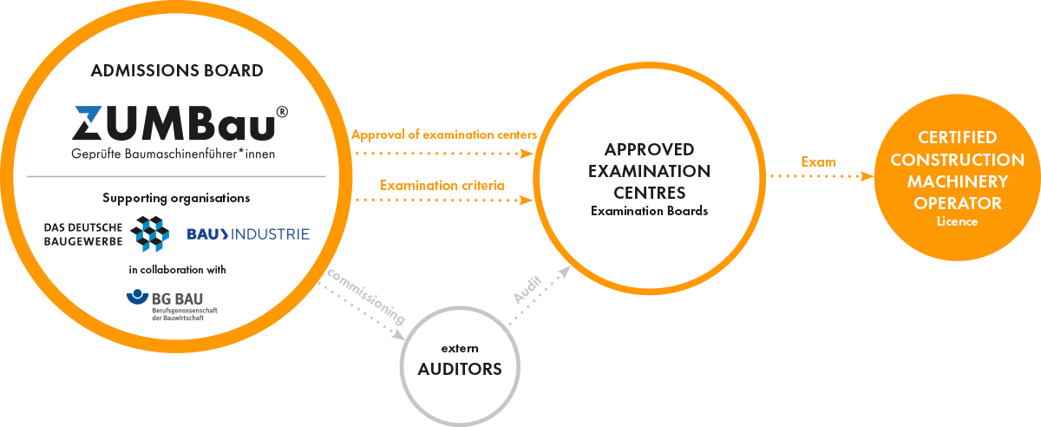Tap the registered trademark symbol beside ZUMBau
pyautogui.click(x=282, y=112)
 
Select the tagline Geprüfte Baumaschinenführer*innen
pyautogui.click(x=176, y=154)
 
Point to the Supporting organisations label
pyautogui.click(x=176, y=198)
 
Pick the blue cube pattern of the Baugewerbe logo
pyautogui.click(x=149, y=233)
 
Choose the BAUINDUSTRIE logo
pyautogui.click(x=248, y=233)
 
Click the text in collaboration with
pyautogui.click(x=176, y=269)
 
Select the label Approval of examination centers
pyautogui.click(x=444, y=135)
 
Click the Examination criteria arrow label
pyautogui.click(x=442, y=185)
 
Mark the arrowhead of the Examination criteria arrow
pyautogui.click(x=525, y=200)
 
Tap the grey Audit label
pyautogui.click(x=527, y=289)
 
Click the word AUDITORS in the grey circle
pyautogui.click(x=460, y=369)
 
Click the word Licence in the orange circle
pyautogui.click(x=957, y=221)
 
